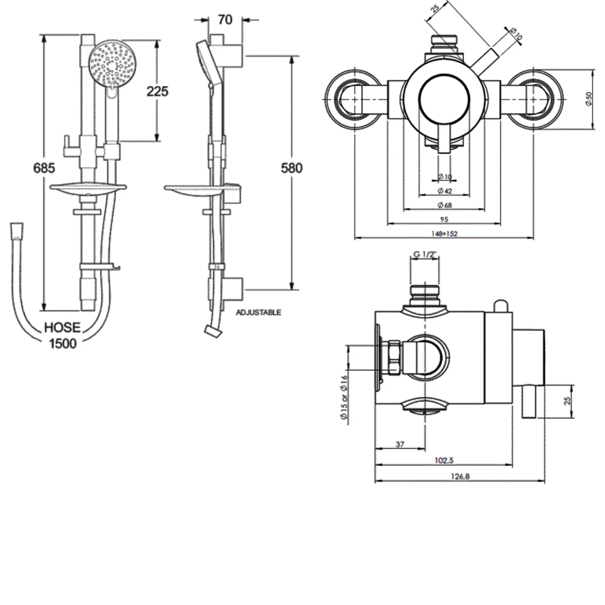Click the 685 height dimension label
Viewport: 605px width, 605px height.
[x=44, y=168]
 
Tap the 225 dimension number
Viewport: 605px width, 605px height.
[x=157, y=92]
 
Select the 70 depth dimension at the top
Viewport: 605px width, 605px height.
[x=225, y=19]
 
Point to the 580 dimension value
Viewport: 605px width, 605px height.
[x=292, y=168]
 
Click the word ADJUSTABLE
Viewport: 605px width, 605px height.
[x=259, y=312]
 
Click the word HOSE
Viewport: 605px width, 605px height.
[x=62, y=327]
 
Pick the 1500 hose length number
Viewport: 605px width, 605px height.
[x=63, y=344]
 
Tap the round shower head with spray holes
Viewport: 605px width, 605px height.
[x=112, y=63]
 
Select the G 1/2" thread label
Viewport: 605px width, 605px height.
[x=425, y=255]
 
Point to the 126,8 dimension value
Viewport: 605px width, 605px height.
[x=460, y=476]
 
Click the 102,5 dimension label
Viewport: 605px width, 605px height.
[x=444, y=460]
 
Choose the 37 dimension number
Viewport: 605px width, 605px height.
[x=400, y=444]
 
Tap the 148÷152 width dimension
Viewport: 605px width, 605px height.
[x=444, y=234]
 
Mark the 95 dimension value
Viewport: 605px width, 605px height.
[x=444, y=219]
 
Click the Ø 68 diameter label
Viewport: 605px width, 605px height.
[x=444, y=205]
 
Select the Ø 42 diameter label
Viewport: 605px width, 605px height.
[x=444, y=191]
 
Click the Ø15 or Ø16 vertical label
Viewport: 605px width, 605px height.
[x=344, y=397]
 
